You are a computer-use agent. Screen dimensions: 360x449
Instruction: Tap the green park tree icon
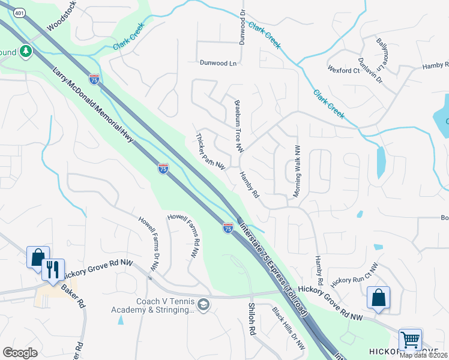[x=26, y=52]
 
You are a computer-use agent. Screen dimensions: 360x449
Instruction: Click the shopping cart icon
[x=410, y=340]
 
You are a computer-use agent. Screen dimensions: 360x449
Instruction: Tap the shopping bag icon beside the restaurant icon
[x=38, y=257]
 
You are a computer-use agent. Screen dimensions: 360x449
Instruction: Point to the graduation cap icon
[x=203, y=305]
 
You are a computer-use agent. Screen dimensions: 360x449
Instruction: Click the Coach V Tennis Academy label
[x=151, y=305]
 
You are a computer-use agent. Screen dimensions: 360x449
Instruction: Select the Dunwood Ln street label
[x=218, y=62]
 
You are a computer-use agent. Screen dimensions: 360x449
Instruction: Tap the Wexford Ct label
[x=343, y=70]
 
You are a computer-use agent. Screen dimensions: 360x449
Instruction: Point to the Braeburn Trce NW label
[x=237, y=126]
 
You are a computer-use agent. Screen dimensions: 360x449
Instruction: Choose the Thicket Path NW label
[x=209, y=151]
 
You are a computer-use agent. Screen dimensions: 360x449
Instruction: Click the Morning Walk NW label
[x=296, y=170]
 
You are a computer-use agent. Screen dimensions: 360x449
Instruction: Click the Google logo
[x=20, y=353]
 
